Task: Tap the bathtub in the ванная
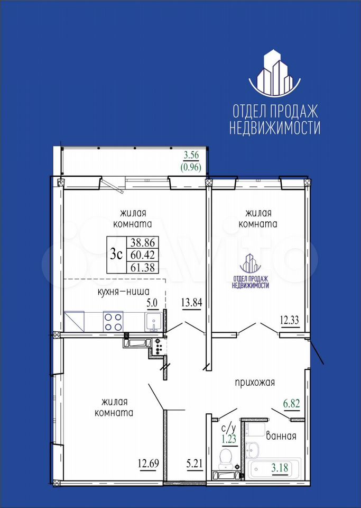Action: pyautogui.click(x=274, y=469)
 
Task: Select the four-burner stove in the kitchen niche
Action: pyautogui.click(x=113, y=321)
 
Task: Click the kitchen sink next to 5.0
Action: pyautogui.click(x=153, y=322)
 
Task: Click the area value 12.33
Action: pyautogui.click(x=290, y=321)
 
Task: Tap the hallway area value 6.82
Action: pyautogui.click(x=291, y=404)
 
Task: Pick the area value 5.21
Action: pyautogui.click(x=194, y=464)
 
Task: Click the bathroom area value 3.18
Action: pyautogui.click(x=280, y=468)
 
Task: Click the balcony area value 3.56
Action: pyautogui.click(x=191, y=155)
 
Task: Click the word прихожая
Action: pyautogui.click(x=255, y=382)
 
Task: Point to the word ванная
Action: pyautogui.click(x=281, y=436)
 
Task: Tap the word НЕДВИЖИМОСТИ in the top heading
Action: pyautogui.click(x=275, y=128)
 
